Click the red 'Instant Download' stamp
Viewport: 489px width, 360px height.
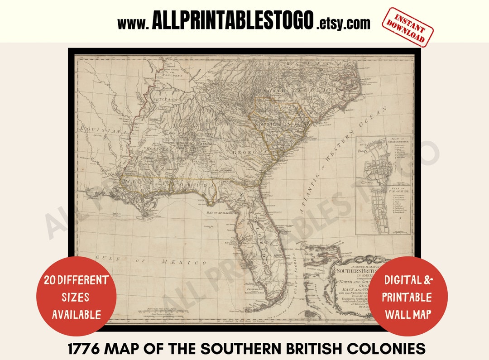click(407, 27)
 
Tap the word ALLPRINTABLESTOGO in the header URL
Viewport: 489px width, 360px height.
click(233, 21)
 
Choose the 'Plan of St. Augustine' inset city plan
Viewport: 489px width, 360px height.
click(383, 211)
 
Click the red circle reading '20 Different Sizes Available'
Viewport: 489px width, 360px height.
click(77, 297)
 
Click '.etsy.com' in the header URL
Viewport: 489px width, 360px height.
click(343, 23)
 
